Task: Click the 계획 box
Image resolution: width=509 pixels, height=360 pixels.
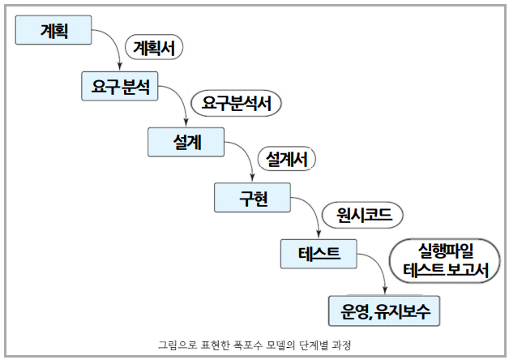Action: [x=53, y=30]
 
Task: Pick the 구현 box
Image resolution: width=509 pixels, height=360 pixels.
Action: [x=251, y=197]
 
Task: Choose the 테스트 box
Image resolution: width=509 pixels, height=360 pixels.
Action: [x=317, y=253]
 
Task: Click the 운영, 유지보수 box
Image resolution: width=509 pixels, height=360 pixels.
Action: [x=384, y=309]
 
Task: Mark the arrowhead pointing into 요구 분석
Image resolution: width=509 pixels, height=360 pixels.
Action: [x=121, y=67]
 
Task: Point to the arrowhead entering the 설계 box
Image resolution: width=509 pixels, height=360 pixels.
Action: [x=186, y=123]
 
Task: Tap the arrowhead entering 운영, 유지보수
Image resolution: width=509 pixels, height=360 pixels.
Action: [x=383, y=290]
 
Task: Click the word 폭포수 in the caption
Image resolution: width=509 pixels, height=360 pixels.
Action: [x=243, y=345]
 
